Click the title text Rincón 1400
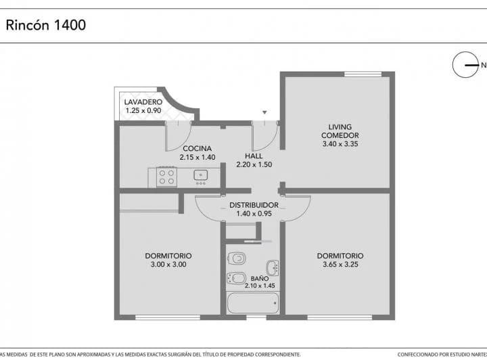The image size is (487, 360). pyautogui.click(x=46, y=25)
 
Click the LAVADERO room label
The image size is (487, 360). pyautogui.click(x=143, y=102)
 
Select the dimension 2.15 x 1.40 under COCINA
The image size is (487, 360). pyautogui.click(x=198, y=157)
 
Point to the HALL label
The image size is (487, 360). pyautogui.click(x=254, y=156)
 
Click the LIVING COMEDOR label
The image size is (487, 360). pyautogui.click(x=340, y=131)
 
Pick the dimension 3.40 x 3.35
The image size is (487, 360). pyautogui.click(x=340, y=144)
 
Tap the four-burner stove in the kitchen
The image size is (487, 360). pyautogui.click(x=167, y=177)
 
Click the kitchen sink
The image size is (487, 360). pyautogui.click(x=201, y=175)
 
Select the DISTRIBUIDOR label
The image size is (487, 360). pyautogui.click(x=254, y=205)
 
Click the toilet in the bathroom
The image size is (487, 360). pyautogui.click(x=236, y=258)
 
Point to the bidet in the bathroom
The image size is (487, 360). pyautogui.click(x=236, y=277)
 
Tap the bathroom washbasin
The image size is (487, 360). pyautogui.click(x=273, y=268)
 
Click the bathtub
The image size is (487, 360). pyautogui.click(x=253, y=303)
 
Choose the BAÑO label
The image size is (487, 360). pyautogui.click(x=260, y=279)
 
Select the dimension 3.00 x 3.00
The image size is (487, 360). pyautogui.click(x=168, y=265)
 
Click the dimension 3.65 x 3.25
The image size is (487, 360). pyautogui.click(x=340, y=265)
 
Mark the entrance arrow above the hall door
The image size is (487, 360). pyautogui.click(x=264, y=112)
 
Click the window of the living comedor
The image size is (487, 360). pyautogui.click(x=363, y=74)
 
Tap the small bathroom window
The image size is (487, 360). pyautogui.click(x=256, y=317)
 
